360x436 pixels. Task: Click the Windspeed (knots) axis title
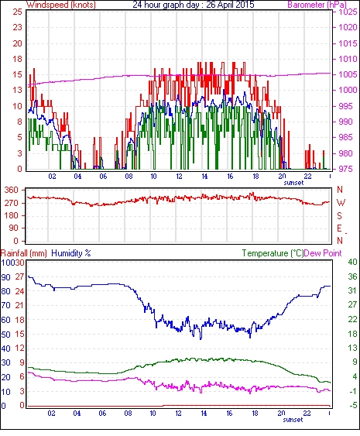tap(61, 5)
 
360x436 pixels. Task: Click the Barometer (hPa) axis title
tap(317, 5)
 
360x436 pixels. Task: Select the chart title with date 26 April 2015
tap(194, 5)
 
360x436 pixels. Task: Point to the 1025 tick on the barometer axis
tap(348, 12)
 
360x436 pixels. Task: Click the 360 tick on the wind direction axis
tap(12, 191)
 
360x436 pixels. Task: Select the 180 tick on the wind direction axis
tap(12, 215)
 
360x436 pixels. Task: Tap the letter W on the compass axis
tap(341, 203)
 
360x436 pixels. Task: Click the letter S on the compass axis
tap(339, 215)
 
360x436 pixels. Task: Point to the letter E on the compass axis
tap(339, 228)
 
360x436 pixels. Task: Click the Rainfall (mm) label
tap(24, 253)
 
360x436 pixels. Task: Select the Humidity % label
tap(71, 253)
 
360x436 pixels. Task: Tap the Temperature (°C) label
tap(273, 253)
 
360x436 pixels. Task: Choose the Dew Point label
tap(323, 253)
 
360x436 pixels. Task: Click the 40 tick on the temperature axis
tap(352, 262)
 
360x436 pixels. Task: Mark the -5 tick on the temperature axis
tap(353, 406)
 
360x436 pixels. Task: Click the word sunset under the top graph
tap(293, 183)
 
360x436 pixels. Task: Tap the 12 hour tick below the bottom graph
tap(178, 414)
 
